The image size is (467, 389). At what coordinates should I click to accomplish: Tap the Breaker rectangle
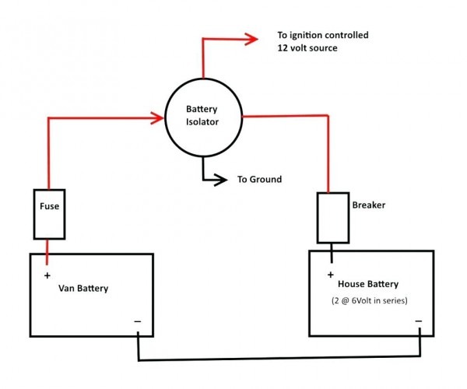tap(332, 218)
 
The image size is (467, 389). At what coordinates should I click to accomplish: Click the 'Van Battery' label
tap(83, 289)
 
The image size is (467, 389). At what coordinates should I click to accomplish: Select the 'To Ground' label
tap(259, 180)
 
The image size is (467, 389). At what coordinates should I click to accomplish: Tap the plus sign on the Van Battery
tap(47, 275)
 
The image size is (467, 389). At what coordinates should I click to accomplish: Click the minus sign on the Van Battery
tap(137, 321)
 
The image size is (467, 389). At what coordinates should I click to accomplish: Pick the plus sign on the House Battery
tap(331, 275)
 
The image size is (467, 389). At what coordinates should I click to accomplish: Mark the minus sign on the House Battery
tap(418, 321)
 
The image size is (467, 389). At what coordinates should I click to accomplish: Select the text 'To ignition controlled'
tap(322, 36)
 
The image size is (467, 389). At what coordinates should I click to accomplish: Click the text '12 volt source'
tap(308, 48)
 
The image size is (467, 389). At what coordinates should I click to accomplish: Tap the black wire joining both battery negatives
tap(280, 360)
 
